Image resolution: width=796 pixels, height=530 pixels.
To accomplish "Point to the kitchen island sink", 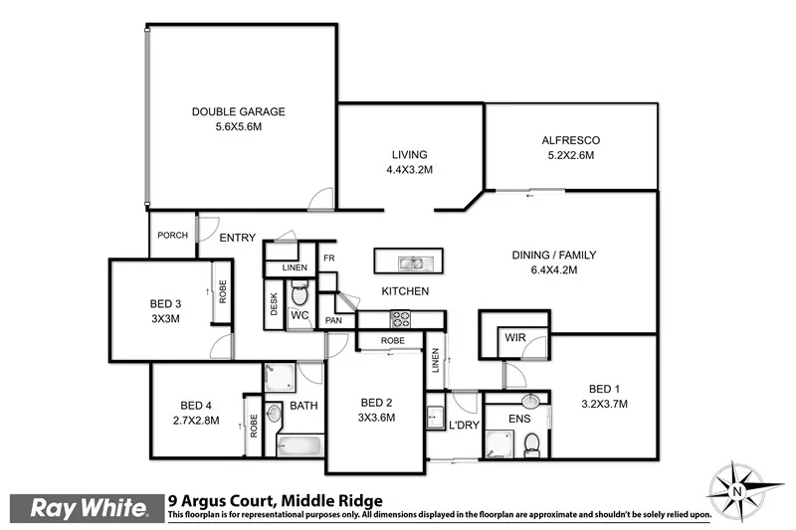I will click(409, 263).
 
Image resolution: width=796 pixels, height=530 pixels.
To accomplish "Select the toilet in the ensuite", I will click(531, 442).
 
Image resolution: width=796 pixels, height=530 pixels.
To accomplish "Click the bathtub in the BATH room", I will click(298, 445).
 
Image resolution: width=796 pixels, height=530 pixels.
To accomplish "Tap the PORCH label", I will click(173, 236).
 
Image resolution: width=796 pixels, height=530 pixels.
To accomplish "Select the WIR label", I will click(514, 338).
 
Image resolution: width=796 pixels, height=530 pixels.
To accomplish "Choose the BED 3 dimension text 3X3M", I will click(165, 319).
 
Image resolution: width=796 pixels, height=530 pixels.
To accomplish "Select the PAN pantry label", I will click(334, 320).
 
